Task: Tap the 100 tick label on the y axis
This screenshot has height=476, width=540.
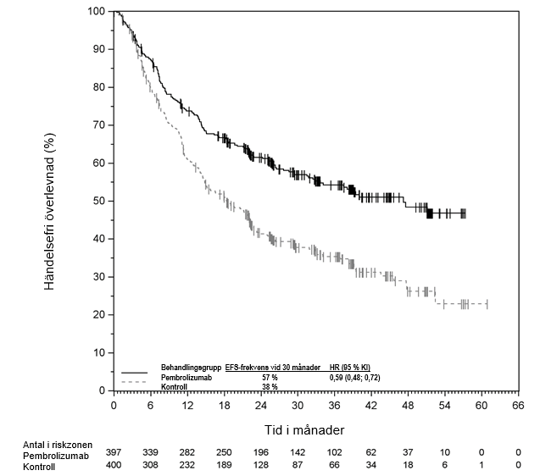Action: (97, 11)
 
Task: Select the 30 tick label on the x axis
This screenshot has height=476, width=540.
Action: (298, 406)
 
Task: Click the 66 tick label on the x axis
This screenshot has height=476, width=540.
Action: (519, 406)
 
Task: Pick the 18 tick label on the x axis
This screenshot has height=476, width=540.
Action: (224, 406)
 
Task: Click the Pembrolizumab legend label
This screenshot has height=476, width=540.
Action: (186, 377)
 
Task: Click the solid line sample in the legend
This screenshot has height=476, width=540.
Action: (136, 373)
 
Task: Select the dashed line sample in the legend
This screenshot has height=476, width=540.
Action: (136, 383)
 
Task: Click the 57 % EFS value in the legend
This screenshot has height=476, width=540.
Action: (270, 377)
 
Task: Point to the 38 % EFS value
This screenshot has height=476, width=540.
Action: (270, 386)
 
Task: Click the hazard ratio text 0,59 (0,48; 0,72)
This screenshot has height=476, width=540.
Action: (354, 377)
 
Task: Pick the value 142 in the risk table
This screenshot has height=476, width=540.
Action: (298, 455)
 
